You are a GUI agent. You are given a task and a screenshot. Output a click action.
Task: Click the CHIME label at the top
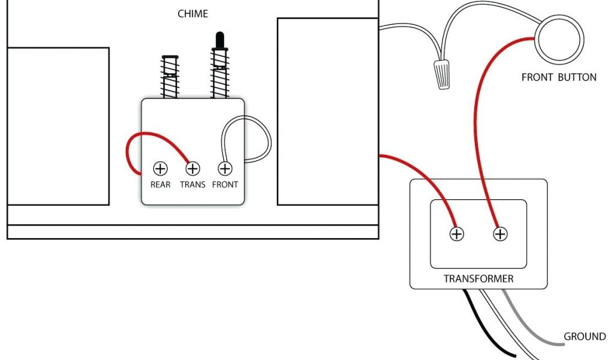tap(192, 14)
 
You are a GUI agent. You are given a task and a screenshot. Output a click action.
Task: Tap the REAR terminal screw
tap(160, 169)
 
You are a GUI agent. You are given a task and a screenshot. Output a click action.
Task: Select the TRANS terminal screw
tap(192, 169)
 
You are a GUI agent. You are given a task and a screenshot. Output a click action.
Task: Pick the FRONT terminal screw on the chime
tap(225, 169)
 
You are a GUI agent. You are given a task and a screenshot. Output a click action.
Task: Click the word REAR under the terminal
tap(160, 185)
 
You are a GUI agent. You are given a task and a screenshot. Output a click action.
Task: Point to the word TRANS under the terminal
tap(192, 185)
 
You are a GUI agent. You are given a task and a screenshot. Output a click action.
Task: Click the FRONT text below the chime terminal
tap(225, 185)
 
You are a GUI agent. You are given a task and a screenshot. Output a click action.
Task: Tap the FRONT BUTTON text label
tap(559, 77)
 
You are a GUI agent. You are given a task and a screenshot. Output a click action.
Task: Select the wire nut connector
tap(442, 74)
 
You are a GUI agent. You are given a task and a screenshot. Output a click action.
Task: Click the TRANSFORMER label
tap(478, 279)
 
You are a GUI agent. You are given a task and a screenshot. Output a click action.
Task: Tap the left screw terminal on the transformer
tap(457, 234)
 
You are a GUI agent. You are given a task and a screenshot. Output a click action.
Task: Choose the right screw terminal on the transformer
tap(500, 234)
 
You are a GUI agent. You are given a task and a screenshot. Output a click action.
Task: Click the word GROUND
tap(585, 337)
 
